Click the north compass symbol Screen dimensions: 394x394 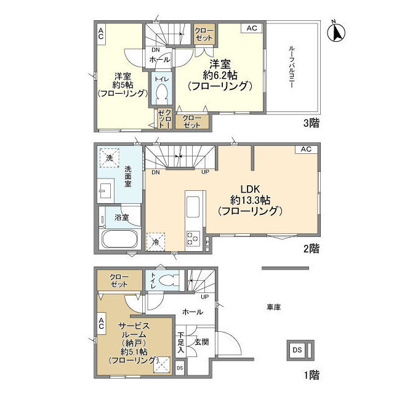pos(336,32)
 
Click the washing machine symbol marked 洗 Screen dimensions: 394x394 pos(110,158)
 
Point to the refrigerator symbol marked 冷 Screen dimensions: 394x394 pos(156,242)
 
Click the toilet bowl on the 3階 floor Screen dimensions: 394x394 pos(161,93)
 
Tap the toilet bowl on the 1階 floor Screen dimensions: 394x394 pos(170,280)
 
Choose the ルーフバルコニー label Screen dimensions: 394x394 pos(292,66)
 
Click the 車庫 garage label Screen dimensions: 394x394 pos(273,307)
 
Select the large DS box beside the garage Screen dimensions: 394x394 pos(300,350)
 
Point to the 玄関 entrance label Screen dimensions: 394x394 pos(202,342)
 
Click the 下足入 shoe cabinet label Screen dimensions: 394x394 pos(180,342)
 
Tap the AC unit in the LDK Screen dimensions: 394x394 pos(307,149)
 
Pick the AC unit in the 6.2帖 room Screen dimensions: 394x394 pos(252,28)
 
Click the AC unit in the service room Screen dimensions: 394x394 pos(101,323)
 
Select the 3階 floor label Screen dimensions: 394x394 pos(312,123)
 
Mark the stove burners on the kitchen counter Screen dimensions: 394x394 pos(193,238)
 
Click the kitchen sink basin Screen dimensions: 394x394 pos(193,207)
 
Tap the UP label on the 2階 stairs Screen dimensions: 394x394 pos(205,172)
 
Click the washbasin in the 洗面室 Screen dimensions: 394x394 pos(106,190)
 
